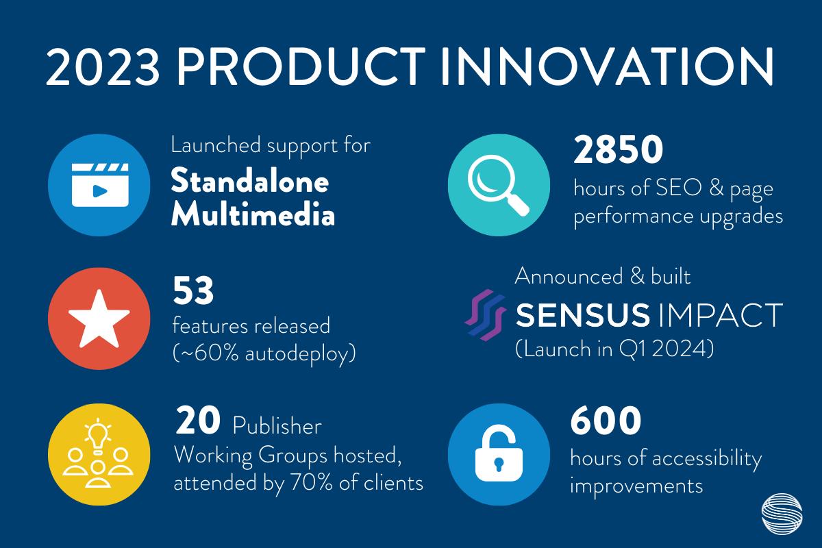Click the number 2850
619,149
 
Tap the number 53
193,290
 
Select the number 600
606,421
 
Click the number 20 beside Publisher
198,421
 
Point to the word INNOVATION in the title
608,67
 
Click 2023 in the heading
103,67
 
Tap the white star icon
99,319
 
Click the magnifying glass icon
498,185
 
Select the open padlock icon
499,455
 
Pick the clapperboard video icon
100,185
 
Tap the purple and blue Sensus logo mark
485,315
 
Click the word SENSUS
583,315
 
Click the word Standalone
249,181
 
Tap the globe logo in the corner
782,514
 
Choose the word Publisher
277,427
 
